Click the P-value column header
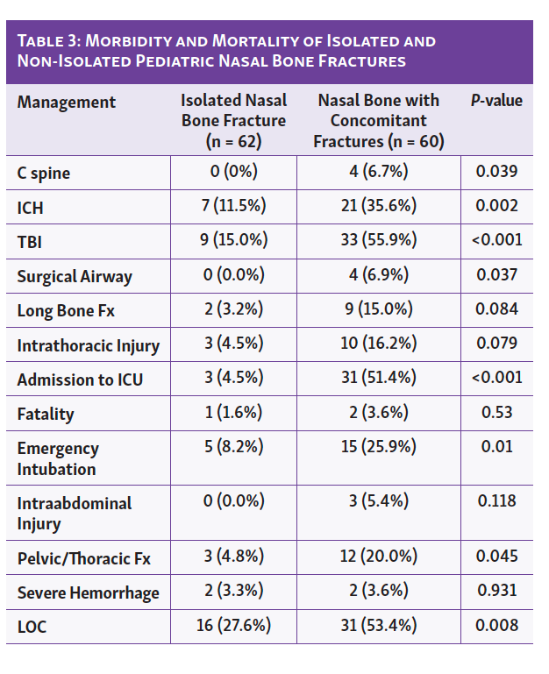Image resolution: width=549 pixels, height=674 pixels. point(496,101)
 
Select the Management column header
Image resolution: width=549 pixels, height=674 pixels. point(66,103)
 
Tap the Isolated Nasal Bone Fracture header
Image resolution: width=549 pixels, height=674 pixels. point(233,120)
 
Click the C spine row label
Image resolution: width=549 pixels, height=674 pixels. point(44,173)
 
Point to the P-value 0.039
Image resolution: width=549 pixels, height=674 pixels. point(496,171)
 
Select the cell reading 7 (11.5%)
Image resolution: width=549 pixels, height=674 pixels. point(233,206)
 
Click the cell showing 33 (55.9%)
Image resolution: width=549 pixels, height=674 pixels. point(379,240)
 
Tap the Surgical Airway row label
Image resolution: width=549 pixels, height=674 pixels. point(75,276)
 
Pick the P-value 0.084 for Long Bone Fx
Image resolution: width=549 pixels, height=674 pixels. point(496,309)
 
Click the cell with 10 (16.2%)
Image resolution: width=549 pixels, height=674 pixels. point(379,344)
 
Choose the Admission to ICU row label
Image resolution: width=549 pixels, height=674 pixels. point(79,380)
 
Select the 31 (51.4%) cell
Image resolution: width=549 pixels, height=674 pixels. point(379,378)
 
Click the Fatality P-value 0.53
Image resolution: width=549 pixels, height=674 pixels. point(496,412)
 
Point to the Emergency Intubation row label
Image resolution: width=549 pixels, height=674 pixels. point(58,458)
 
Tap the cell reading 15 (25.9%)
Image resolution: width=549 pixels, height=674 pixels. point(379,447)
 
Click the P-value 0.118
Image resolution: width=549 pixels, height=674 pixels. point(496,501)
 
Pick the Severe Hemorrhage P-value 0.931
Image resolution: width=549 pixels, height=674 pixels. point(496,591)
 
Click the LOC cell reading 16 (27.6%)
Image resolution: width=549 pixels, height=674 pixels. point(233,625)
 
